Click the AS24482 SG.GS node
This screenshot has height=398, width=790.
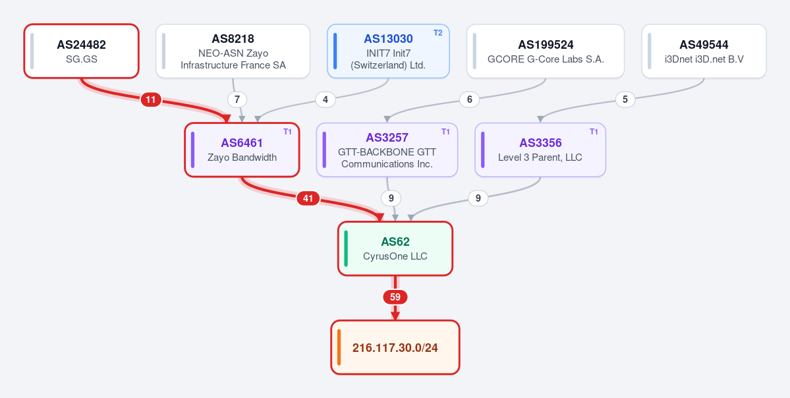pyautogui.click(x=81, y=51)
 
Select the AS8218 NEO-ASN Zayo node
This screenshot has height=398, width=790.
pyautogui.click(x=233, y=51)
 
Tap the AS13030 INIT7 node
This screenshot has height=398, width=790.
pyautogui.click(x=388, y=51)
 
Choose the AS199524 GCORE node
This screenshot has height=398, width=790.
pyautogui.click(x=546, y=51)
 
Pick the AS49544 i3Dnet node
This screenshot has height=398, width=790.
pyautogui.click(x=704, y=51)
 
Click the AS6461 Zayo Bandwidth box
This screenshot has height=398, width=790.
pyautogui.click(x=242, y=150)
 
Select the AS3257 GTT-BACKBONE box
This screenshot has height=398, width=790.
pyautogui.click(x=387, y=150)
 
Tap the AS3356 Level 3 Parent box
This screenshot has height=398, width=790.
pyautogui.click(x=540, y=150)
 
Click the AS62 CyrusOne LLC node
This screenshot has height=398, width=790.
pyautogui.click(x=395, y=248)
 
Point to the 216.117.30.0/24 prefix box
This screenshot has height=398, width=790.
pyautogui.click(x=395, y=347)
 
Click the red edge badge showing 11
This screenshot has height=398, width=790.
pyautogui.click(x=151, y=99)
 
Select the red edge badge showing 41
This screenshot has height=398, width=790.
pyautogui.click(x=308, y=198)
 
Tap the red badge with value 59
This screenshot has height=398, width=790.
pyautogui.click(x=395, y=297)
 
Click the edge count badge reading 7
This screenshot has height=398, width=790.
pyautogui.click(x=237, y=99)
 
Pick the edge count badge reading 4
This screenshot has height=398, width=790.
pyautogui.click(x=325, y=99)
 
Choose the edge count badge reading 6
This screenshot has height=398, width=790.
pyautogui.click(x=470, y=99)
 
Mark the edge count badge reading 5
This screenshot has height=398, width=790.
pyautogui.click(x=625, y=99)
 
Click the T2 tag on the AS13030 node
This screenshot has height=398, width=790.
pyautogui.click(x=437, y=33)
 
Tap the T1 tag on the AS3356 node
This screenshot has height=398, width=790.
pyautogui.click(x=594, y=132)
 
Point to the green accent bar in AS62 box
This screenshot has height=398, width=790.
pyautogui.click(x=346, y=248)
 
